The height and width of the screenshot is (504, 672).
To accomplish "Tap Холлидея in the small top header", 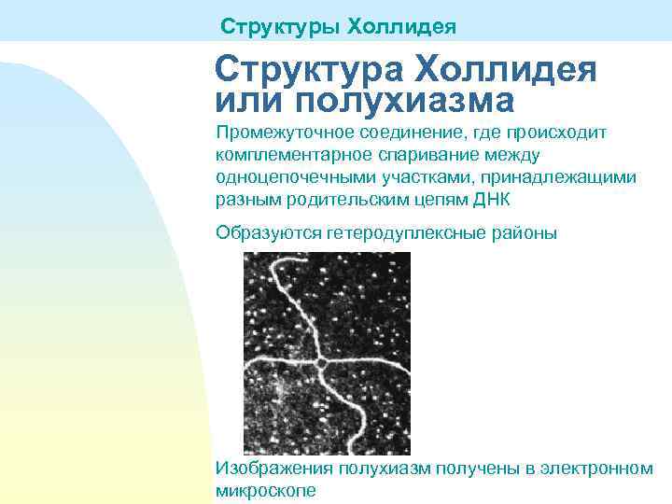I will click(x=402, y=26).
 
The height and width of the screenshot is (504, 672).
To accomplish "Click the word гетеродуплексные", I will click(x=404, y=232).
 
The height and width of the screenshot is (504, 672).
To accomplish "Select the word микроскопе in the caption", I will click(x=266, y=490).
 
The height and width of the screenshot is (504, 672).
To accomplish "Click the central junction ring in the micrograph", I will click(x=319, y=363).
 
